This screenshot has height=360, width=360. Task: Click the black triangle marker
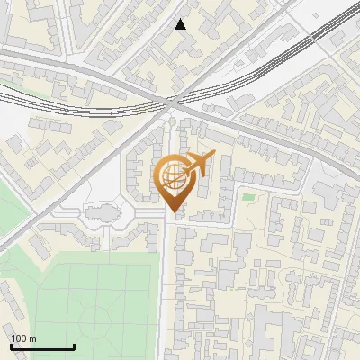point(181,24)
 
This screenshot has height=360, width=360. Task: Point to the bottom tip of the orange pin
point(173,211)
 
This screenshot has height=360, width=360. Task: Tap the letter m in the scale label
point(32,338)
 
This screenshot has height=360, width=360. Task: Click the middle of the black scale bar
point(42,346)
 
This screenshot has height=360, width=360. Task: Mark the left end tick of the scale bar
point(11,346)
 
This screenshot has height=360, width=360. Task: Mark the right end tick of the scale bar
point(74,346)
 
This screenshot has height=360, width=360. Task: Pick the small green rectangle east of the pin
point(248,196)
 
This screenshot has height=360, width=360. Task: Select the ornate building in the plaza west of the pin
point(101,214)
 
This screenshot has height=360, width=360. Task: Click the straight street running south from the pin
point(168,288)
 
